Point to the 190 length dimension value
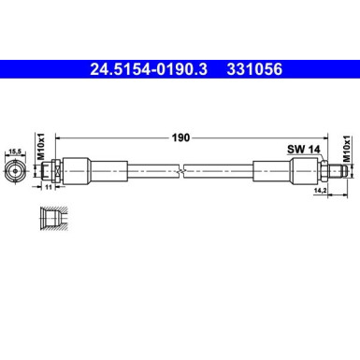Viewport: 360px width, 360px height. [x=181, y=137]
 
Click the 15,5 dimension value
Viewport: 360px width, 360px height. [x=15, y=151]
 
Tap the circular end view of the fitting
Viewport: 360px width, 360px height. [x=15, y=172]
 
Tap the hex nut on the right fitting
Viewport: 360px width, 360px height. [x=301, y=172]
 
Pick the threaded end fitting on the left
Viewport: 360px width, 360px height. [x=51, y=172]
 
